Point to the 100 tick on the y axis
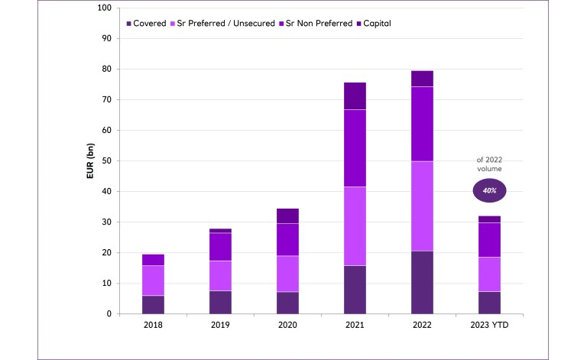(105, 8)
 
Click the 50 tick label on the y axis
(107, 161)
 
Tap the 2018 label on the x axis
(152, 326)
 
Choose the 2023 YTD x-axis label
(489, 326)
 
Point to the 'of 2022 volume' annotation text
(490, 164)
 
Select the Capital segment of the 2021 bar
(355, 96)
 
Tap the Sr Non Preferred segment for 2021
(355, 148)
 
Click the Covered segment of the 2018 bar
(152, 304)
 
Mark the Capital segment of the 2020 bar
(287, 216)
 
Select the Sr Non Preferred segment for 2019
(220, 246)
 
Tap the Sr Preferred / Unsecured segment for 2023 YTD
(489, 274)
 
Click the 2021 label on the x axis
(355, 326)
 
